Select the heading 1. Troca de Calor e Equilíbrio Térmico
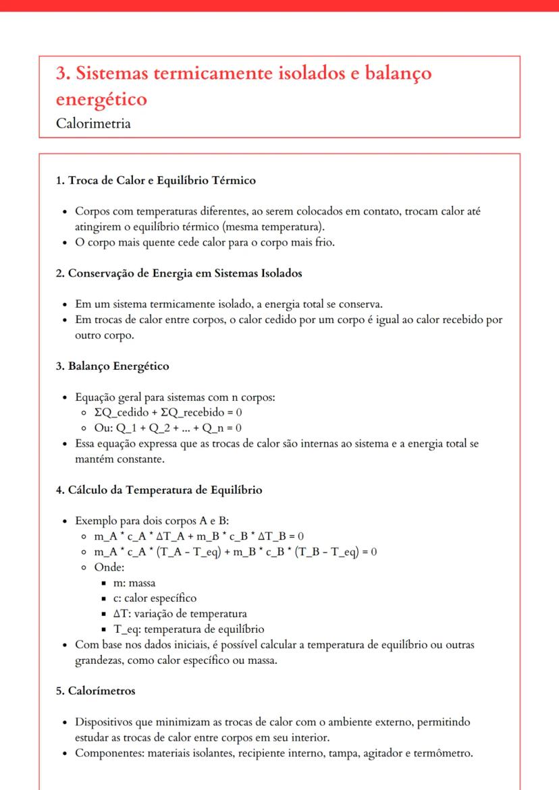(155, 181)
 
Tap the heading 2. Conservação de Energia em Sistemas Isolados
(178, 273)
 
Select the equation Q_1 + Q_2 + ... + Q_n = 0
(178, 428)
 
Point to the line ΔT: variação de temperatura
(180, 613)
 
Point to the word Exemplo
(96, 521)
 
